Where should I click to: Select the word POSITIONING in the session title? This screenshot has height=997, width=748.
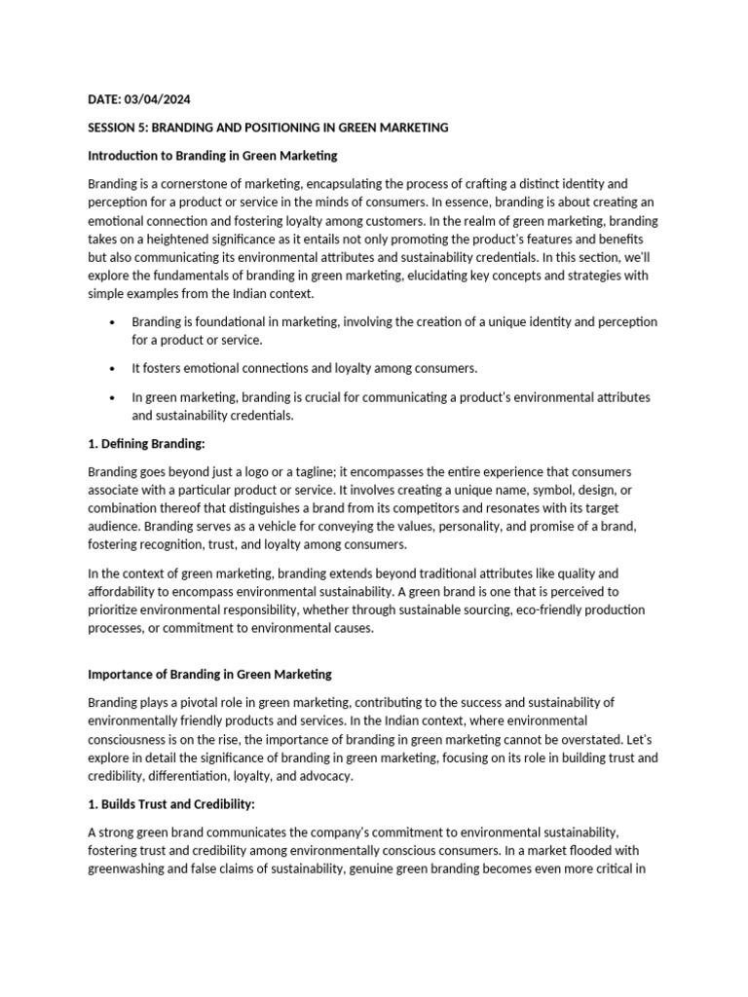(289, 128)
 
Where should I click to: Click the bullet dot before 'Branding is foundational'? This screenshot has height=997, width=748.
(114, 322)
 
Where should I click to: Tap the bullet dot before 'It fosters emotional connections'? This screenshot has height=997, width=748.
(114, 369)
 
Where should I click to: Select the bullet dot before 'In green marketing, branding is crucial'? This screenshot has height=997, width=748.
(114, 397)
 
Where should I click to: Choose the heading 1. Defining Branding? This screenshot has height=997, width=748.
(146, 444)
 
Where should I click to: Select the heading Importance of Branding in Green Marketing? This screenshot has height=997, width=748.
(209, 674)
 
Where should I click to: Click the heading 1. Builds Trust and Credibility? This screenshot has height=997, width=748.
(170, 804)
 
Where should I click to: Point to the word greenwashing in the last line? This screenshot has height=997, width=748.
(125, 869)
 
